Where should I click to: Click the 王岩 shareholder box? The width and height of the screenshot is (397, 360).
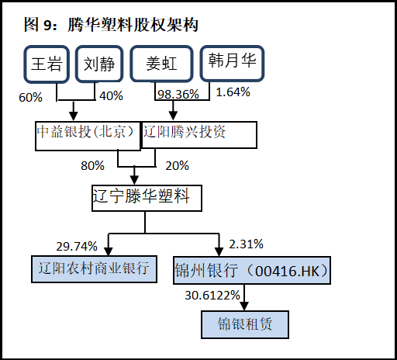point(47,64)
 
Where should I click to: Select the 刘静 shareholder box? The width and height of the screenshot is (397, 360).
point(99,64)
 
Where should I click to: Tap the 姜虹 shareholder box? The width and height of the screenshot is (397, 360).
point(161,64)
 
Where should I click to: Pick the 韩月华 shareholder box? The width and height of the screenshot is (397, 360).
point(232,63)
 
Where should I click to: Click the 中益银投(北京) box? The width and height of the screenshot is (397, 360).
point(88,136)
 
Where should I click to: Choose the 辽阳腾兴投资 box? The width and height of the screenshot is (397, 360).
point(199,135)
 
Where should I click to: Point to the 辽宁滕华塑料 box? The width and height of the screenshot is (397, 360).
point(147,198)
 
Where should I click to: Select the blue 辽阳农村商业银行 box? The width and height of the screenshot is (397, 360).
point(94,269)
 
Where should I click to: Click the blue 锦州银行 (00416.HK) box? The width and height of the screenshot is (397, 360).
point(252,270)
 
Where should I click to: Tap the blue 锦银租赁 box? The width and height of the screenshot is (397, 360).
point(245,324)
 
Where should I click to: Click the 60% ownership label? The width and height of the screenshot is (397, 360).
point(30,98)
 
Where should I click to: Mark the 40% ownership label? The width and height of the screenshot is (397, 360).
point(111,96)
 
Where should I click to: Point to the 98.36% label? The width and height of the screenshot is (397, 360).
point(178,94)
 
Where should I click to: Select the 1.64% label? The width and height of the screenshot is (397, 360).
point(233,92)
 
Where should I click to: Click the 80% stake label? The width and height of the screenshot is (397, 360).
point(92,165)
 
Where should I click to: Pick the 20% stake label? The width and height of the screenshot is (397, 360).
point(177,165)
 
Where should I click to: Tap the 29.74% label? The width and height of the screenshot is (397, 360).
point(77,246)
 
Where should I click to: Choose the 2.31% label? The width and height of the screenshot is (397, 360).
point(246,244)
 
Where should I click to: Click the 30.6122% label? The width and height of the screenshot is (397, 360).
point(212,295)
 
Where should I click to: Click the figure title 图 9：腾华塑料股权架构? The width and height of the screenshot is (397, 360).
point(111,25)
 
